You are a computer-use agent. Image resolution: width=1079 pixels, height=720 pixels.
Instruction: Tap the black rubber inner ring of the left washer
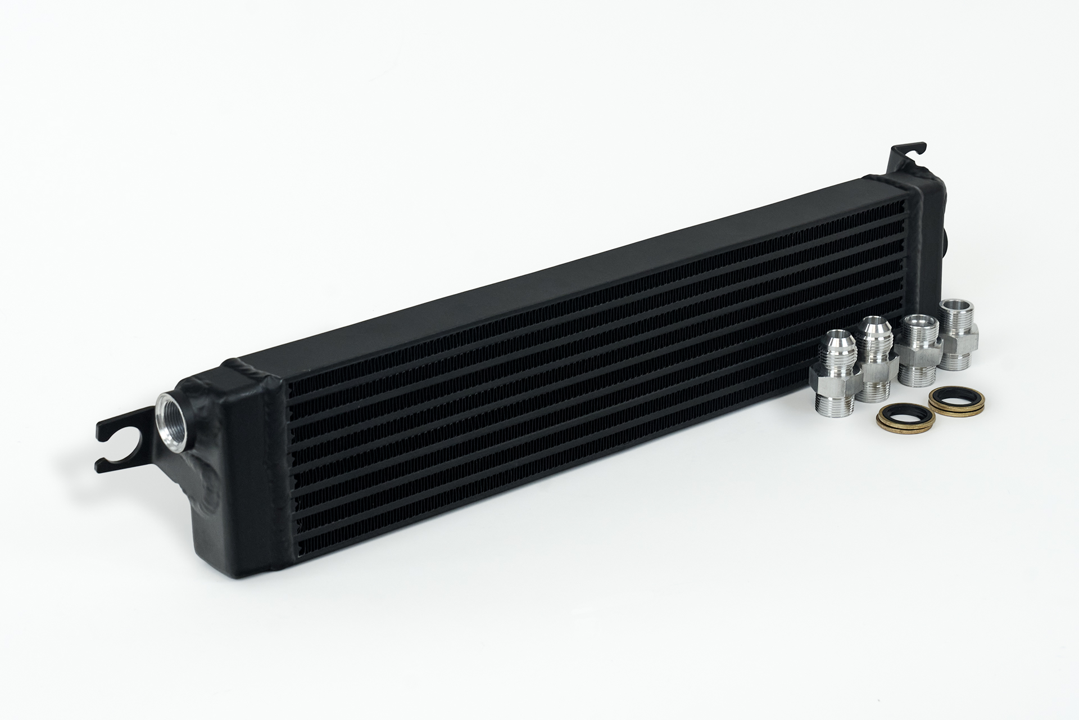[x=905, y=419]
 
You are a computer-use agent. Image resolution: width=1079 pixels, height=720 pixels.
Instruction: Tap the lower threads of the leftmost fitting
[x=832, y=404]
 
